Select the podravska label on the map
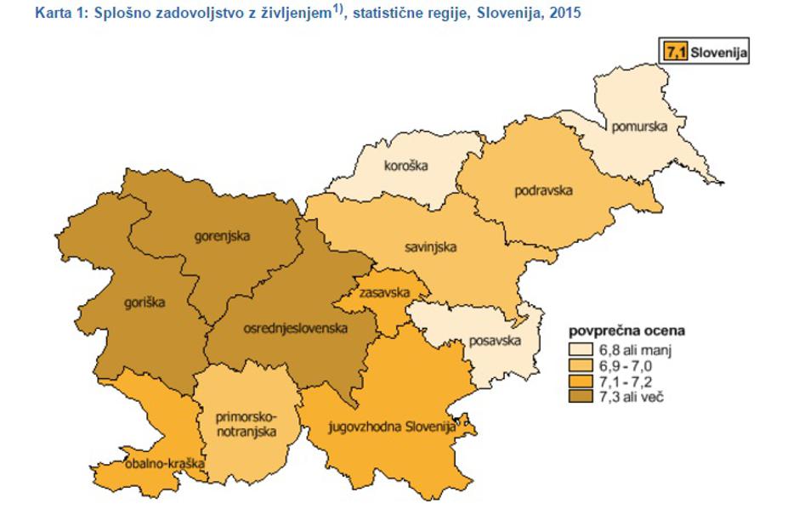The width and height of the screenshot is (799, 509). tap(543, 189)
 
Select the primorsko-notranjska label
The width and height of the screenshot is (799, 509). tap(246, 424)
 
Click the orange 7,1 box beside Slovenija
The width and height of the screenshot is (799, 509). tap(677, 52)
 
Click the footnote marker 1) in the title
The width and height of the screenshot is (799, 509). tap(341, 10)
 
